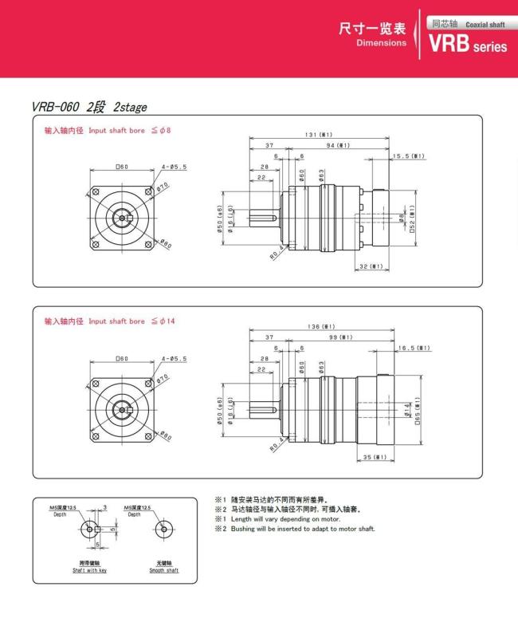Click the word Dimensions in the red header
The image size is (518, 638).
(381, 43)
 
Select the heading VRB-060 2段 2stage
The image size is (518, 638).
(89, 107)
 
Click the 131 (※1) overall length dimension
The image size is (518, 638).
(319, 134)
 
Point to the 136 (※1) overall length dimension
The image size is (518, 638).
(320, 327)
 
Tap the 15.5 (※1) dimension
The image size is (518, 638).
(408, 156)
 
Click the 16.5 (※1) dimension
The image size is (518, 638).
(414, 348)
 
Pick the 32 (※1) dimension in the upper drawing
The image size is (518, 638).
(371, 266)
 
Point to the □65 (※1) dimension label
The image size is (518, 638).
(418, 410)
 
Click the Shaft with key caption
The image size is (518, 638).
(89, 570)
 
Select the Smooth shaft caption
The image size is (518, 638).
(163, 570)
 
